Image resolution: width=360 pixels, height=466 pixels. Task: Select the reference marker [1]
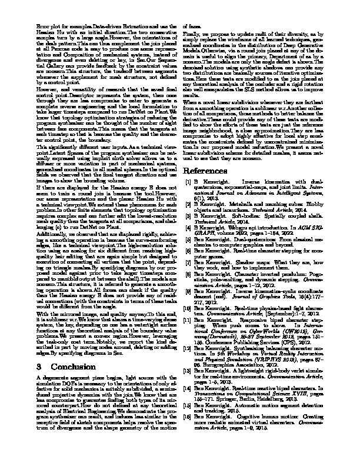pos(188,182)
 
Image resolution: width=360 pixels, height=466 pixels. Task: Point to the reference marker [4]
pos(188,225)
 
